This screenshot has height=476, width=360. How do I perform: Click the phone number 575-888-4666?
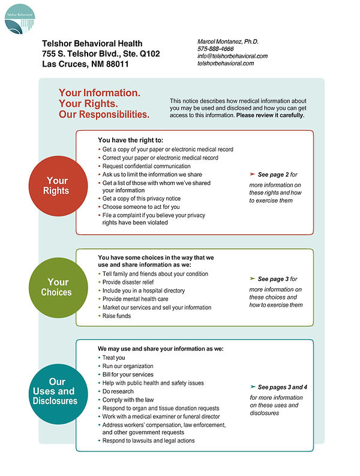tap(215, 49)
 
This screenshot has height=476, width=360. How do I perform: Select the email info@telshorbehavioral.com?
tap(232, 56)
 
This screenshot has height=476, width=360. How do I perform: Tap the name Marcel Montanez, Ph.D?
tap(228, 41)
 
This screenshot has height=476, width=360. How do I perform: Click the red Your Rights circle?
tap(58, 185)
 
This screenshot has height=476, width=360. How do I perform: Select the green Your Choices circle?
tap(58, 287)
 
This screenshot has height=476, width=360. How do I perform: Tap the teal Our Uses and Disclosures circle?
tap(58, 391)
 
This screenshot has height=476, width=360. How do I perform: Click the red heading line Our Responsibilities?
tap(104, 114)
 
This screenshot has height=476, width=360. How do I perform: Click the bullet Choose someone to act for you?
tap(141, 206)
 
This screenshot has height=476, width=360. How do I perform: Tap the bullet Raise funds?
tap(116, 316)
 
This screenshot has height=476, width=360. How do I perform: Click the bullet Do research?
tap(119, 391)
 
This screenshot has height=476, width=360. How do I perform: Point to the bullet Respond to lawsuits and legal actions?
tap(148, 441)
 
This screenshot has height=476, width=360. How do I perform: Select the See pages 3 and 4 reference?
tap(282, 387)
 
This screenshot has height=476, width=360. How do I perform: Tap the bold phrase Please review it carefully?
tap(270, 115)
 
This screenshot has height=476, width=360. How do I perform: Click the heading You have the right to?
tap(130, 140)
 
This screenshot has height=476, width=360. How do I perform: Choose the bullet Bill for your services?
tap(127, 375)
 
